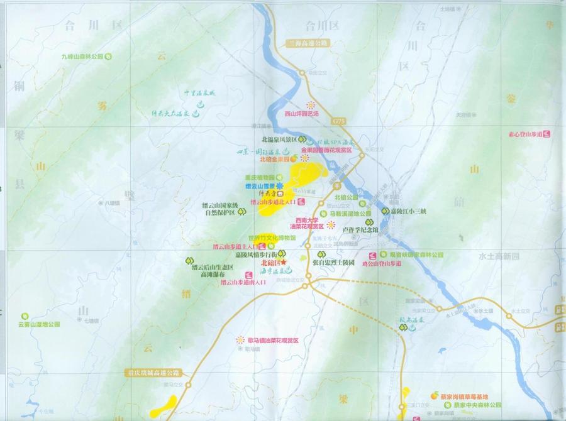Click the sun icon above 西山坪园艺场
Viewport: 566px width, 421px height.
point(309,105)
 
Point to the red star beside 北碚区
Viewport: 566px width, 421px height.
point(284,263)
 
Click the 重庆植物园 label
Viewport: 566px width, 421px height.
point(260,178)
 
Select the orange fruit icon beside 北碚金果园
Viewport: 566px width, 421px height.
point(294,160)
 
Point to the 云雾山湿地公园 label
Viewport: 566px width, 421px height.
point(39,324)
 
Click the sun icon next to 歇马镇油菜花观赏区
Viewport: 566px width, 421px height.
point(240,339)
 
